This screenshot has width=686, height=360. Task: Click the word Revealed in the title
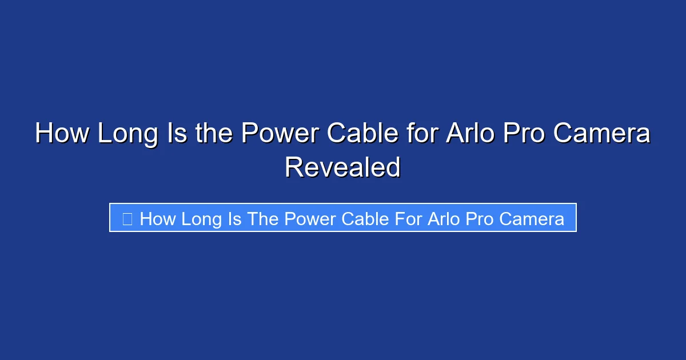tap(342, 167)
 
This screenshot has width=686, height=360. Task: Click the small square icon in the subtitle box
tap(127, 218)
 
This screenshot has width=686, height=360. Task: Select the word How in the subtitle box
tap(158, 218)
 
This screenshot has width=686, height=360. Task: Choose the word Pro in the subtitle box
tap(480, 218)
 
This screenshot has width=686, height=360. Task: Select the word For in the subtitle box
tap(408, 218)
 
